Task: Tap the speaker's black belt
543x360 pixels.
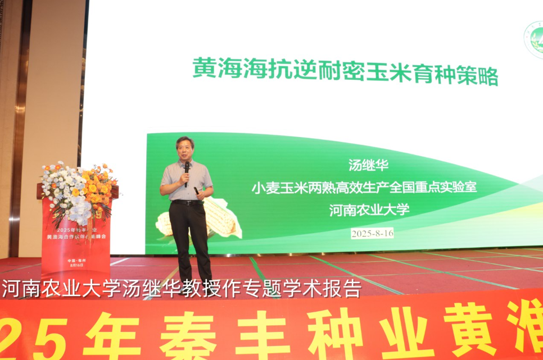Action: pos(187,202)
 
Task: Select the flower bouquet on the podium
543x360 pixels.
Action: pos(79,188)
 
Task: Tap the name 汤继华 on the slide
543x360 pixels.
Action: pos(369,166)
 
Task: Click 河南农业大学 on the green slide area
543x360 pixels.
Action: pos(369,209)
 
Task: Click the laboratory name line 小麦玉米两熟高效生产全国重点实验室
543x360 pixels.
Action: pos(364,187)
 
